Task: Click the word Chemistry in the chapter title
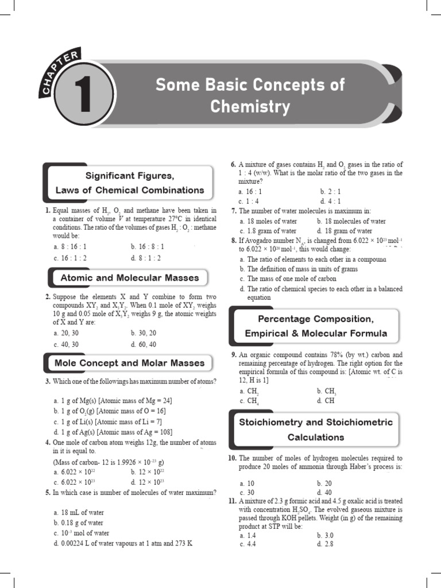tap(250, 106)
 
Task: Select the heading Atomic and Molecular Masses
tap(130, 278)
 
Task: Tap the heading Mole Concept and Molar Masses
tap(129, 363)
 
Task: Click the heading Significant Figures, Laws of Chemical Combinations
tap(129, 182)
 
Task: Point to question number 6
tap(233, 165)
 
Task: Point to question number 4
tap(48, 442)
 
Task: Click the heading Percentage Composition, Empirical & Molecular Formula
tap(315, 326)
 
